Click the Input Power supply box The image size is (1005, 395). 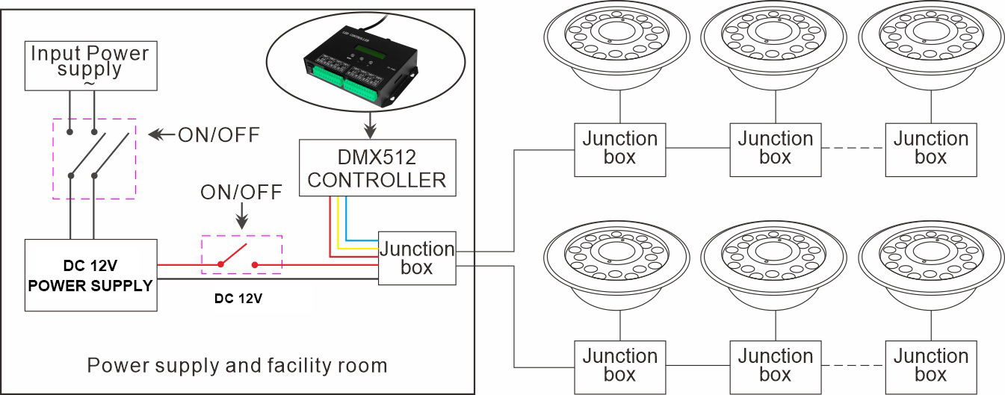pyautogui.click(x=89, y=65)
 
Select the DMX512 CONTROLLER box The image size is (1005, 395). pyautogui.click(x=377, y=168)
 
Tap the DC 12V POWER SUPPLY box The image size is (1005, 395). pyautogui.click(x=91, y=275)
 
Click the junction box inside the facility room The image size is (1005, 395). pyautogui.click(x=416, y=258)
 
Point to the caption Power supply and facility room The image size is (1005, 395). pyautogui.click(x=237, y=366)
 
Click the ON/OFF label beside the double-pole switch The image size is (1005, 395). pyautogui.click(x=218, y=135)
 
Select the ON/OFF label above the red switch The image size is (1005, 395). pyautogui.click(x=241, y=193)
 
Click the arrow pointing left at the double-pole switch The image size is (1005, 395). pyautogui.click(x=159, y=135)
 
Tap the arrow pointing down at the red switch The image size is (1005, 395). pyautogui.click(x=241, y=220)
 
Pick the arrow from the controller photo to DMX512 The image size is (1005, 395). pyautogui.click(x=371, y=123)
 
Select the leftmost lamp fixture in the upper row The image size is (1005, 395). pyautogui.click(x=619, y=46)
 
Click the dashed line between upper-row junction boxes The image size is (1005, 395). pyautogui.click(x=853, y=149)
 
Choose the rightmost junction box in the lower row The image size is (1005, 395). pyautogui.click(x=930, y=365)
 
